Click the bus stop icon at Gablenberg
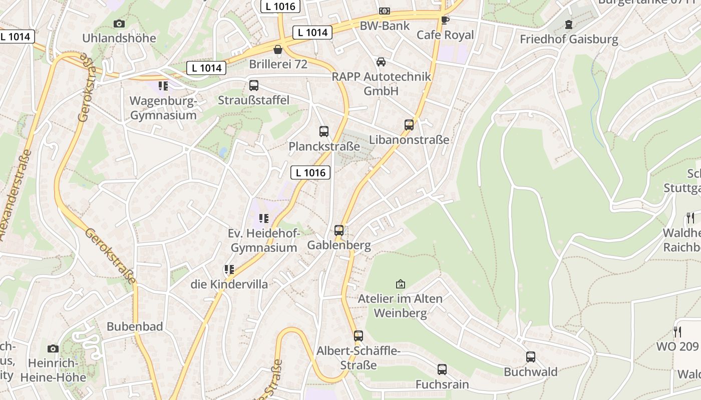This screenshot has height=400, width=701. pyautogui.click(x=339, y=230)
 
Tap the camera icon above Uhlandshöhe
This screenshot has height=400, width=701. pyautogui.click(x=119, y=23)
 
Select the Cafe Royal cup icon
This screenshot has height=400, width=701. pyautogui.click(x=445, y=20)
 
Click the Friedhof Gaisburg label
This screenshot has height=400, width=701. pyautogui.click(x=569, y=39)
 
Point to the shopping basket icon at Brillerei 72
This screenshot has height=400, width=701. pyautogui.click(x=278, y=49)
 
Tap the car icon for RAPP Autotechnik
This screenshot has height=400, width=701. pyautogui.click(x=381, y=62)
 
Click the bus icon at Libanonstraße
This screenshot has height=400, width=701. pyautogui.click(x=409, y=125)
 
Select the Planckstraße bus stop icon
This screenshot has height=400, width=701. pyautogui.click(x=324, y=131)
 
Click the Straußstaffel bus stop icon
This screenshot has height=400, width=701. pyautogui.click(x=254, y=85)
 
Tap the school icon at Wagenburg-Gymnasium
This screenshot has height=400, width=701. pyautogui.click(x=163, y=86)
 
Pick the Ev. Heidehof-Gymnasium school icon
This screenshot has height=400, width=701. pyautogui.click(x=264, y=218)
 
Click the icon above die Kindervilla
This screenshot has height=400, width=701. pyautogui.click(x=229, y=270)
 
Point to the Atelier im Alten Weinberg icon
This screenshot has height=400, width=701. pyautogui.click(x=400, y=284)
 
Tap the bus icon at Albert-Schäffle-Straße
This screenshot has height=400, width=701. pyautogui.click(x=358, y=336)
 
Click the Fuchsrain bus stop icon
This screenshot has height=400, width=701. pyautogui.click(x=442, y=369)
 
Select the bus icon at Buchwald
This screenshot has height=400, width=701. pyautogui.click(x=530, y=357)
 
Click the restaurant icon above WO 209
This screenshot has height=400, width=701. pyautogui.click(x=677, y=331)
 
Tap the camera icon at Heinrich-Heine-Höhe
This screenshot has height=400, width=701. pyautogui.click(x=53, y=348)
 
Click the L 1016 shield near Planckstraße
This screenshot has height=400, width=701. pyautogui.click(x=310, y=172)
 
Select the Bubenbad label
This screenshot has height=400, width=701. pyautogui.click(x=135, y=326)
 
